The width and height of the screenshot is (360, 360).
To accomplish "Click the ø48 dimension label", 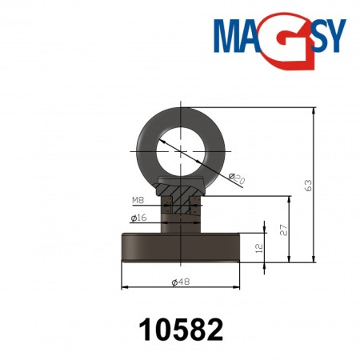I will tap(182, 282).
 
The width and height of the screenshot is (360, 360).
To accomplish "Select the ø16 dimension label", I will tap(138, 217).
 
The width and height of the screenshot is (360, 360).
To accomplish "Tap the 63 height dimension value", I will tap(308, 184).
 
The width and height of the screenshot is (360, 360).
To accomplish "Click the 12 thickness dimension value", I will tap(258, 248).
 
